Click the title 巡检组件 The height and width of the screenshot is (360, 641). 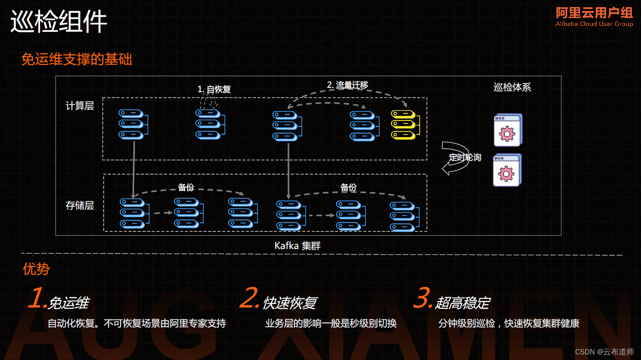coord(59,22)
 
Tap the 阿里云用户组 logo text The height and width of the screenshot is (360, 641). coord(594,13)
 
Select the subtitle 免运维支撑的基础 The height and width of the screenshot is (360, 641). coord(77,59)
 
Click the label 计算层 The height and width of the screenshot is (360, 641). coord(80,106)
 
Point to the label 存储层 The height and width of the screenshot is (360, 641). coord(80,206)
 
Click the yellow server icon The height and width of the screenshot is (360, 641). coord(404,125)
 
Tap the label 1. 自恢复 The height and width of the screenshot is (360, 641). coord(214,89)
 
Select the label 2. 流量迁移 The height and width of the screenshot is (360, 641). coord(347,85)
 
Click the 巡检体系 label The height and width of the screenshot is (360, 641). coord(512,87)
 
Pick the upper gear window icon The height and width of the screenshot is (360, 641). coord(508,130)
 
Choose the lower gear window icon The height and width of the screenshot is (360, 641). coord(507,170)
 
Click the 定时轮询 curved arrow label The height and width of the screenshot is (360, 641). coord(465,157)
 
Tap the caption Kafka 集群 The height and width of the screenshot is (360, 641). coord(297,246)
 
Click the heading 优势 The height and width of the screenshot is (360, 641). coord(36,269)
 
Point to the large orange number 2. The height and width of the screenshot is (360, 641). coord(249,298)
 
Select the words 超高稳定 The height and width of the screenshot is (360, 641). coord(463,303)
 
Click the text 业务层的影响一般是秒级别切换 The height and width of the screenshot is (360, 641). coord(331,323)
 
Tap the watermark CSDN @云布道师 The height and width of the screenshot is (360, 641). coord(604,352)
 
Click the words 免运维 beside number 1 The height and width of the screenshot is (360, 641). coord(68,303)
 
